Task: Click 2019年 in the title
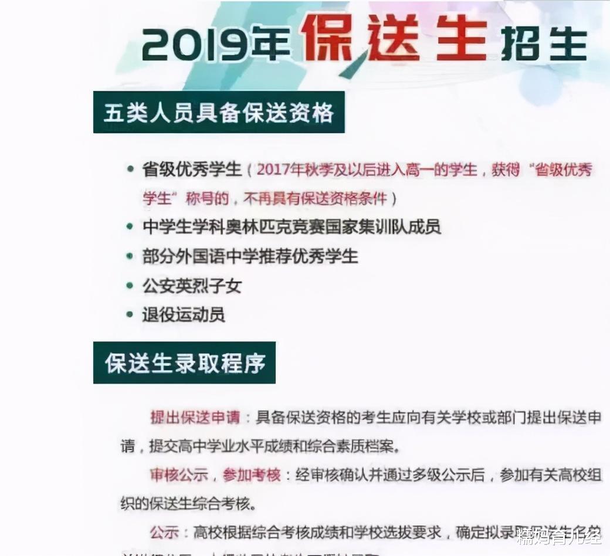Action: point(218,45)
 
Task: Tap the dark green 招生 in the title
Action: point(544,43)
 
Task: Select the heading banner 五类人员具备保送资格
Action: point(219,112)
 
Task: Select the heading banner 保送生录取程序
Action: point(185,363)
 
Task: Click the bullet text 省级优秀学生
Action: point(192,169)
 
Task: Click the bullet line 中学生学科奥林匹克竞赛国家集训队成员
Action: point(292,227)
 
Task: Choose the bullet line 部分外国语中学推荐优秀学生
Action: point(250,256)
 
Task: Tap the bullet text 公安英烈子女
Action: point(192,286)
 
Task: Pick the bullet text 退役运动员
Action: point(184,314)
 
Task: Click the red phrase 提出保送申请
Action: point(195,418)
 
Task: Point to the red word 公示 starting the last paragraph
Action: point(164,532)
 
